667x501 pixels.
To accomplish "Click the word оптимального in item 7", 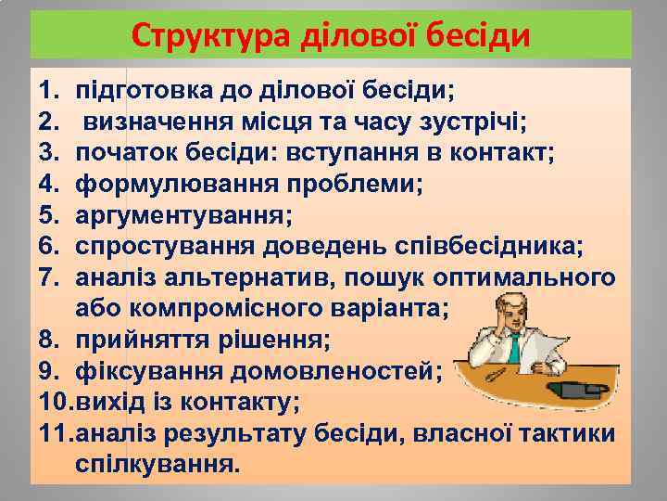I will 537,277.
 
